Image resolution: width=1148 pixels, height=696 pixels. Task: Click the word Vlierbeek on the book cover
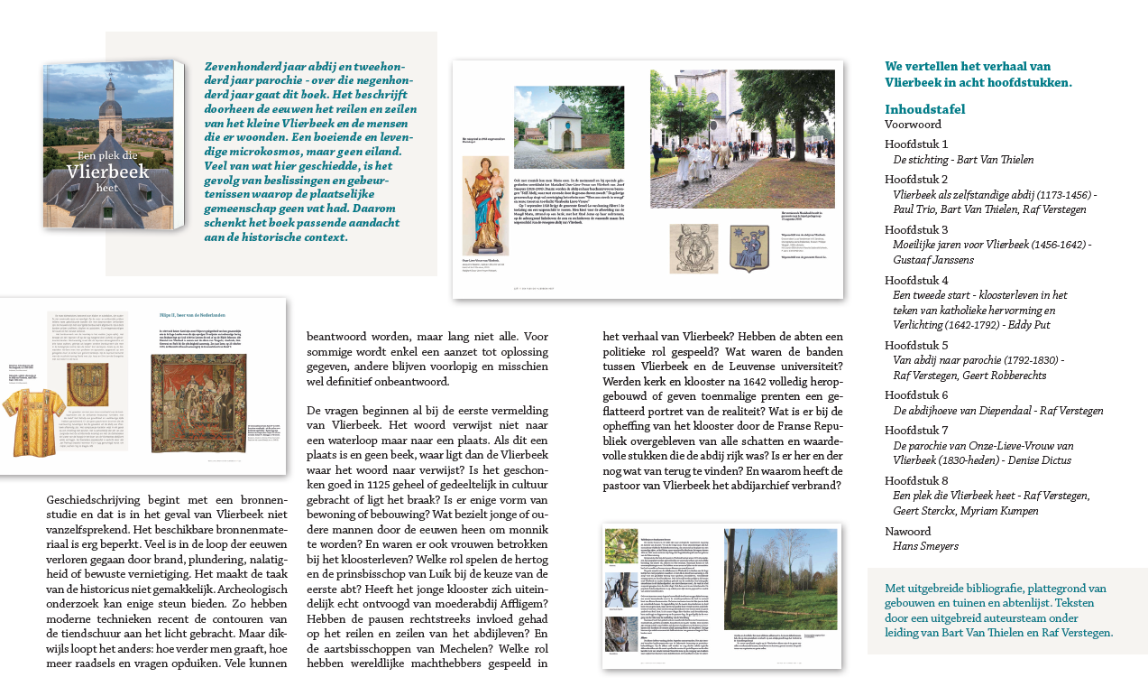pos(108,173)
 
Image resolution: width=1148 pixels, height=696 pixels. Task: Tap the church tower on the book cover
pos(110,113)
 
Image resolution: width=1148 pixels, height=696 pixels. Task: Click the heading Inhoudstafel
pos(924,109)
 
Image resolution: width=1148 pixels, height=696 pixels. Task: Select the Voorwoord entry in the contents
pos(913,125)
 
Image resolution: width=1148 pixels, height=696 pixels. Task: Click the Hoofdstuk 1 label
pos(916,144)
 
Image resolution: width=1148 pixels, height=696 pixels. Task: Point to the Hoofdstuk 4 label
pos(916,280)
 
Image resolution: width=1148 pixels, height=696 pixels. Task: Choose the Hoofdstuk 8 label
pos(916,480)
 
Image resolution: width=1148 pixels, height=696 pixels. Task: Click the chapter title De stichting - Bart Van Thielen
pos(963,160)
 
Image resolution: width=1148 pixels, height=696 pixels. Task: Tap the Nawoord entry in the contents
pos(908,531)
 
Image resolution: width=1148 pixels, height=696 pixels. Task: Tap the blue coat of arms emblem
pos(748,248)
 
